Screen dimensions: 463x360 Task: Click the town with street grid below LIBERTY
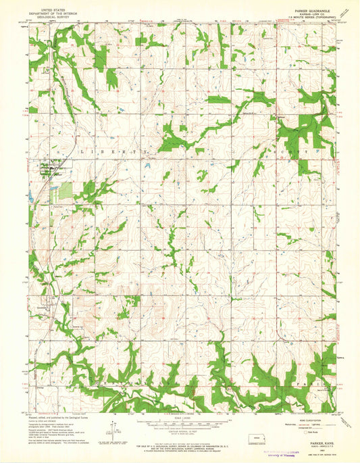49,168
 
